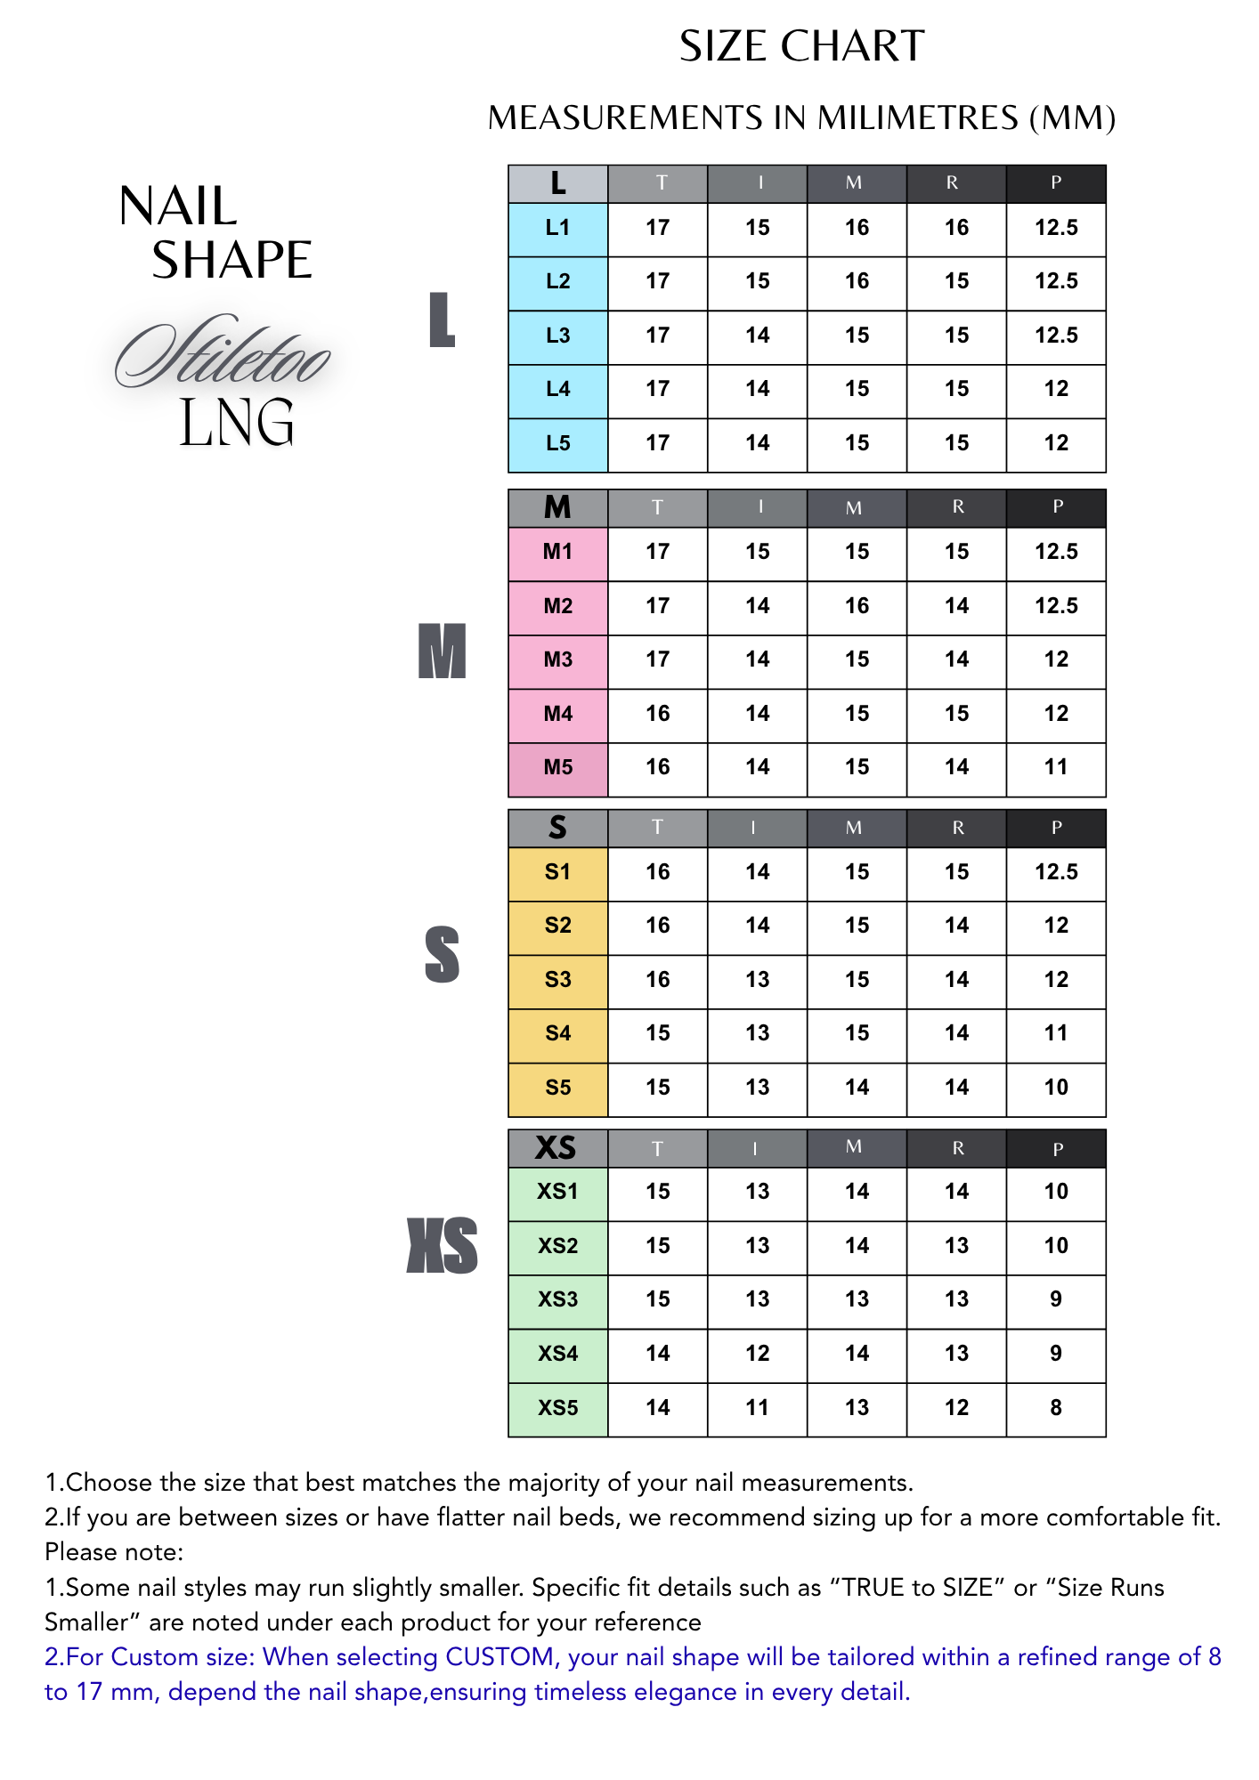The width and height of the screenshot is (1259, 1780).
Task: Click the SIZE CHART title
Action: (801, 46)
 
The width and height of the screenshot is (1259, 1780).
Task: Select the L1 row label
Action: (557, 228)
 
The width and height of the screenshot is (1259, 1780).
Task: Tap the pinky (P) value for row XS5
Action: (1056, 1407)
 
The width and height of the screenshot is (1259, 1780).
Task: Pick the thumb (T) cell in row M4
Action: (658, 714)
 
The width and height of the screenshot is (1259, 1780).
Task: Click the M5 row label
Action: (557, 767)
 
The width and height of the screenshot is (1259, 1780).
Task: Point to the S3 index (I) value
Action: (758, 980)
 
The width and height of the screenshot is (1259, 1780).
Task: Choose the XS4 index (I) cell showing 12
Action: (758, 1354)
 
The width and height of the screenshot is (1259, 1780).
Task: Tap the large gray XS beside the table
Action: (442, 1245)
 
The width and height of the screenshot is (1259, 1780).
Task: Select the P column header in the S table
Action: (1056, 828)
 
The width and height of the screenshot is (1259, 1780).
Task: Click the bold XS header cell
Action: (556, 1148)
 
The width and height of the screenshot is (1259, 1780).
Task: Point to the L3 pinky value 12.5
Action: (1056, 336)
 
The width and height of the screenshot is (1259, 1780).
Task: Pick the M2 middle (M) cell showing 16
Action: (857, 606)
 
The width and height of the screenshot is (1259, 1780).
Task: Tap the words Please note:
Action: (114, 1552)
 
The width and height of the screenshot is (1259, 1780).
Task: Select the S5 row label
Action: (557, 1088)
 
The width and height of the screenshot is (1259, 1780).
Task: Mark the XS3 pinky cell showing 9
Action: (1056, 1299)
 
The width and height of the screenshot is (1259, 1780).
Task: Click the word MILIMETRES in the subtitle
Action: (917, 118)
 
